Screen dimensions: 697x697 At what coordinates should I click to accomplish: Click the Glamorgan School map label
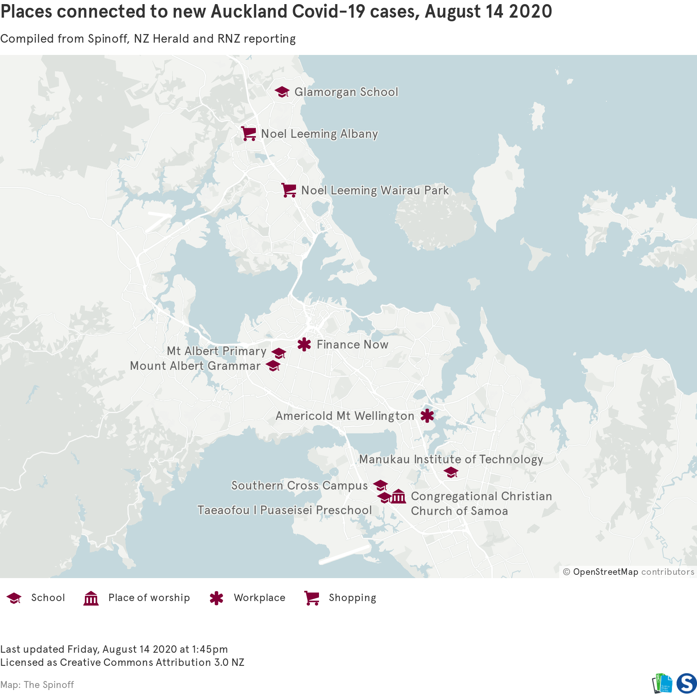click(x=346, y=92)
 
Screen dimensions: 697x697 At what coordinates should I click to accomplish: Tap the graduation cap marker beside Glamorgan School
click(x=282, y=92)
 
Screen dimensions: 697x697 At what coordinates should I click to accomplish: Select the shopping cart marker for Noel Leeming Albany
click(x=248, y=134)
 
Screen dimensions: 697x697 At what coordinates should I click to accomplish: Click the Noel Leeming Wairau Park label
click(x=375, y=190)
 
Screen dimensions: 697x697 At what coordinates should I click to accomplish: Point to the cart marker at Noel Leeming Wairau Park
click(x=289, y=190)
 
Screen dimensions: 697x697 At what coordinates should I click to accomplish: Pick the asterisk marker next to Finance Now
click(x=304, y=344)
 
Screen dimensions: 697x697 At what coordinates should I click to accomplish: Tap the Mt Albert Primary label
click(x=216, y=351)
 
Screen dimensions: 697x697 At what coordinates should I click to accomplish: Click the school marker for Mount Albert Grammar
click(x=273, y=366)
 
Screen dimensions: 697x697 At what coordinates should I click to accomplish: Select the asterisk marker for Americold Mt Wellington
click(x=427, y=416)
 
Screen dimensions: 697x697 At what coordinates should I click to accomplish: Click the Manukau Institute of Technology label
click(x=451, y=459)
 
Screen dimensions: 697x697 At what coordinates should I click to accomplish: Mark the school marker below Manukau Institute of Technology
click(x=451, y=472)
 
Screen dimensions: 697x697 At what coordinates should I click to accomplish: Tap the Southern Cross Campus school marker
click(x=380, y=485)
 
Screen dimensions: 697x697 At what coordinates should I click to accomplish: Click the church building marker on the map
click(x=398, y=497)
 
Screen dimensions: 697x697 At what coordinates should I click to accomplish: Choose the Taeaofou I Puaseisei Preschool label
click(x=285, y=510)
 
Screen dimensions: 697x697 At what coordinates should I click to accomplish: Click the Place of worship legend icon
click(x=91, y=598)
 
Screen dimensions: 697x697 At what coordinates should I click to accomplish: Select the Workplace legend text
click(x=260, y=598)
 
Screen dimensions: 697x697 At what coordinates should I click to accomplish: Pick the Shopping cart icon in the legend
click(x=312, y=598)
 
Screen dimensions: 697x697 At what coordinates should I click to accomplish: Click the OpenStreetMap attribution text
click(x=605, y=572)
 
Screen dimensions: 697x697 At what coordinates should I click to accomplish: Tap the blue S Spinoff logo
click(x=686, y=683)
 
